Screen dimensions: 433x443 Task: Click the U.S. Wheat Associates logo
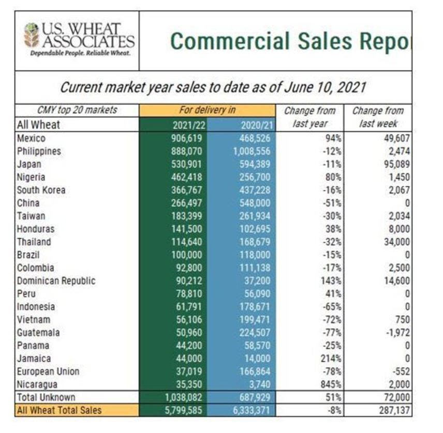78,40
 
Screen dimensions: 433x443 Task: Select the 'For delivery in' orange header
206,111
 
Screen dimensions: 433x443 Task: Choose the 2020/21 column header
257,125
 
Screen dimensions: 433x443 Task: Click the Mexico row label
31,138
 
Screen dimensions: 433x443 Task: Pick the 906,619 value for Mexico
187,138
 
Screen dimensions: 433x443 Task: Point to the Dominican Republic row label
56,281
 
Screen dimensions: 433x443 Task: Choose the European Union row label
48,372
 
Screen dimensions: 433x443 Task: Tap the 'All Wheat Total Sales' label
60,410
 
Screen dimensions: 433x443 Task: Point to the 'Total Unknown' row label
46,397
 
